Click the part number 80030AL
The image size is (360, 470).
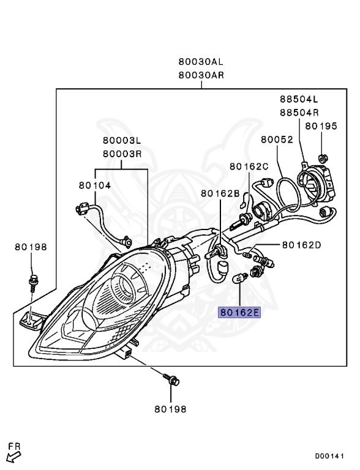click(201, 62)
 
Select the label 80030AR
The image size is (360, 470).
click(201, 75)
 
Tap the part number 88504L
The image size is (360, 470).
click(299, 99)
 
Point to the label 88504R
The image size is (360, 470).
click(299, 113)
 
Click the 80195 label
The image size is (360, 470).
click(321, 126)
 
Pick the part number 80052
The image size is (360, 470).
click(277, 140)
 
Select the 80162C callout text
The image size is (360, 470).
click(249, 166)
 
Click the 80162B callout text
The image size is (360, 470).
click(220, 193)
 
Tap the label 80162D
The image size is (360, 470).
click(301, 245)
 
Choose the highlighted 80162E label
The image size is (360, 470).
click(239, 313)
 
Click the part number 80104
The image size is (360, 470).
click(95, 185)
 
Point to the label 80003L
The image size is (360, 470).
click(122, 140)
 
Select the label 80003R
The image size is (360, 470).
click(122, 154)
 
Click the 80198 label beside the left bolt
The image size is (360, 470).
click(31, 247)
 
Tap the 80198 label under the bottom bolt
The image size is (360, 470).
click(170, 409)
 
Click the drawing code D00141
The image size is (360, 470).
click(329, 457)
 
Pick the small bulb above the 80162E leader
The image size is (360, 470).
click(240, 278)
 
